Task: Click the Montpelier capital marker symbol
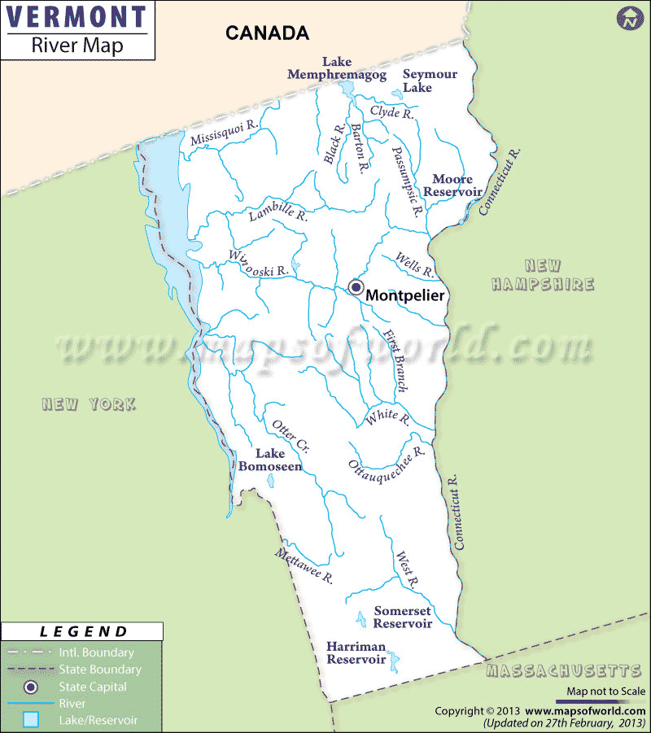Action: click(356, 286)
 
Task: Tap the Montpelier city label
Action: click(405, 295)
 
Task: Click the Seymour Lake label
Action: click(430, 81)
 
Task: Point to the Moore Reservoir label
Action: click(457, 185)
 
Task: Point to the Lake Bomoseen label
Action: click(270, 460)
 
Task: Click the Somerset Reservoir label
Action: click(403, 617)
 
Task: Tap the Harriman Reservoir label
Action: click(356, 652)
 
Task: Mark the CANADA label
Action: click(267, 33)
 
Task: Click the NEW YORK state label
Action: click(90, 404)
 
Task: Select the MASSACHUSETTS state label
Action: click(563, 671)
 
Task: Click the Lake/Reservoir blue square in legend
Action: click(31, 720)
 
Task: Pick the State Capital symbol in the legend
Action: click(31, 687)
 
